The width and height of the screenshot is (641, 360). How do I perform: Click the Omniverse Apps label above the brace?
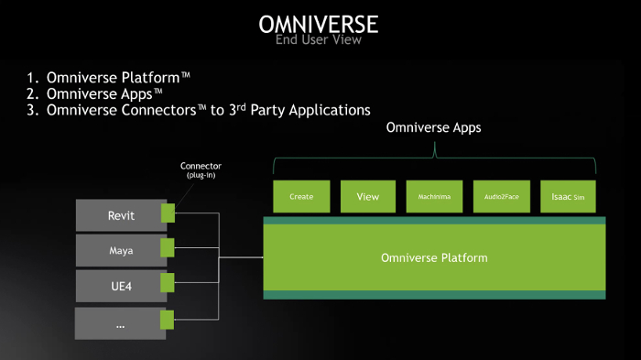433,128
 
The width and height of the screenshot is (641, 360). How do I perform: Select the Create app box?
301,196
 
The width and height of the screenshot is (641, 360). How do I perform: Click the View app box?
367,196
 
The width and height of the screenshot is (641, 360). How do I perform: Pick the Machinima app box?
433,196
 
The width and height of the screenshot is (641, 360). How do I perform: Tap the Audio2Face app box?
500,196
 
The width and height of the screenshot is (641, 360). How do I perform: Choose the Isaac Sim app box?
567,196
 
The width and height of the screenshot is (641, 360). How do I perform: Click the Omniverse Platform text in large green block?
434,257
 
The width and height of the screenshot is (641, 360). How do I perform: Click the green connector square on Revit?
167,213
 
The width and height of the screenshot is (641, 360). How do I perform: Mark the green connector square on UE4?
167,283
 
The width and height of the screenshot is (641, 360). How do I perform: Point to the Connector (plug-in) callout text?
201,170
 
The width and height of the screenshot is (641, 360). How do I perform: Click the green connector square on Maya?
167,247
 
